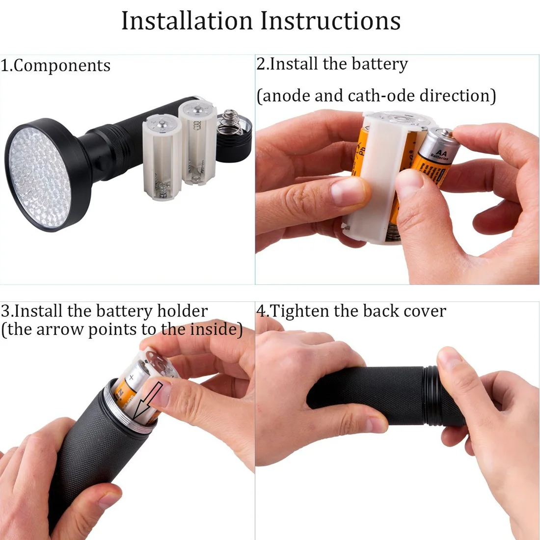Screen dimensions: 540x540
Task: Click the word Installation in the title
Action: pyautogui.click(x=188, y=21)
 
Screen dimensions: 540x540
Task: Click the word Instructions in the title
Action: pyautogui.click(x=330, y=21)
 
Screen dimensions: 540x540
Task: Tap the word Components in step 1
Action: pyautogui.click(x=62, y=66)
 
